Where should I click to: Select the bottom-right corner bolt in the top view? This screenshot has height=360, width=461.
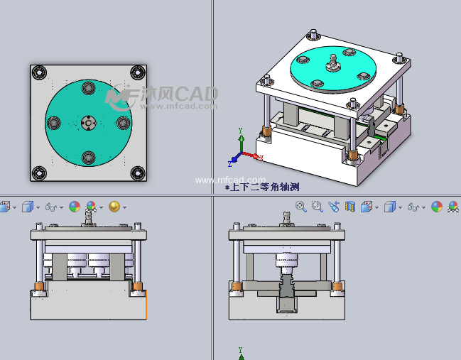(x=137, y=173)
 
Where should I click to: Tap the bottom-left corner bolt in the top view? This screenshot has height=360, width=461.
(x=39, y=173)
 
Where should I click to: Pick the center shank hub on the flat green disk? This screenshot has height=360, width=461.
(x=88, y=123)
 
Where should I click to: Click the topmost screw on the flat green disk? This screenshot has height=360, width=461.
(x=88, y=88)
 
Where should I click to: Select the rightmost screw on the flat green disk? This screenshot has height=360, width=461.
(x=122, y=122)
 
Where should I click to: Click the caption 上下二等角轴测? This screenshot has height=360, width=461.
(x=262, y=187)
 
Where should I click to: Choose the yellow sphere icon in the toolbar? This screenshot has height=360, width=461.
(x=114, y=207)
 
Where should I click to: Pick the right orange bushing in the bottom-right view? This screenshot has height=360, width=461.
(x=337, y=287)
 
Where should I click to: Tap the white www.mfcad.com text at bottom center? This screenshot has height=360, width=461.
(x=230, y=180)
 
